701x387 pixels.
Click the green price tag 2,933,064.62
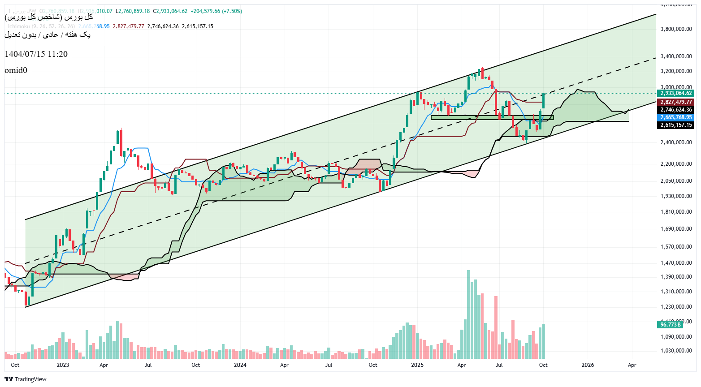pyautogui.click(x=676, y=93)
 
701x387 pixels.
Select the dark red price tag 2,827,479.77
pyautogui.click(x=676, y=102)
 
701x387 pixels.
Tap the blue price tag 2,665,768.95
pyautogui.click(x=676, y=117)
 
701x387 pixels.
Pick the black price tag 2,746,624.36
pyautogui.click(x=676, y=110)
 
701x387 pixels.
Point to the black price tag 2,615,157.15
pyautogui.click(x=676, y=125)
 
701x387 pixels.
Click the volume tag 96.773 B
pyautogui.click(x=671, y=324)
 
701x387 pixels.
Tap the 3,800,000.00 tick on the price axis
pyautogui.click(x=676, y=29)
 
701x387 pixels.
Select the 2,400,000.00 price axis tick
pyautogui.click(x=676, y=142)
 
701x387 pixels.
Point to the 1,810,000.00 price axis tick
pyautogui.click(x=676, y=212)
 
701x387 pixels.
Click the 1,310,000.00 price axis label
pyautogui.click(x=676, y=292)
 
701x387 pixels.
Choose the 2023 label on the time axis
pyautogui.click(x=63, y=365)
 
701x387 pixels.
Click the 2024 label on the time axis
pyautogui.click(x=240, y=365)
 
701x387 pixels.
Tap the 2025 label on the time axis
pyautogui.click(x=417, y=365)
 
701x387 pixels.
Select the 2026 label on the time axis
pyautogui.click(x=588, y=365)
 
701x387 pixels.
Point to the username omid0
pyautogui.click(x=16, y=70)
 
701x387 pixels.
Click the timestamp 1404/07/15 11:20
pyautogui.click(x=36, y=54)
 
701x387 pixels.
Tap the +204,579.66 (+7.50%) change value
pyautogui.click(x=216, y=11)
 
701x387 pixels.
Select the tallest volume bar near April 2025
pyautogui.click(x=468, y=314)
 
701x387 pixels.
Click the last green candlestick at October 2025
pyautogui.click(x=544, y=101)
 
